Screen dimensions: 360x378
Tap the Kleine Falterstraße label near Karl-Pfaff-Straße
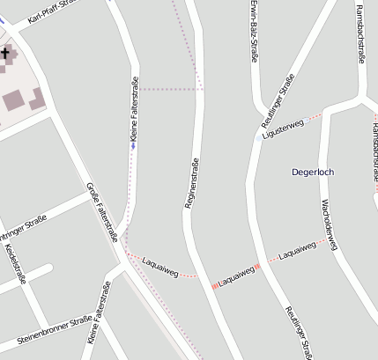[134, 110]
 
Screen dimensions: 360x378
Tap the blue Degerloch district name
[313, 172]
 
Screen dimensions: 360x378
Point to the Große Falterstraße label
[102, 211]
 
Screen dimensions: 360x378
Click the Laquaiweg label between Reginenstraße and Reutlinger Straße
[236, 276]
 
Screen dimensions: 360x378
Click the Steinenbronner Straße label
[55, 333]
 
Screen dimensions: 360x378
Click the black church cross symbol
[5, 54]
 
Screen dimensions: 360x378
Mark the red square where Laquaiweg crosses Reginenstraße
[214, 285]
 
